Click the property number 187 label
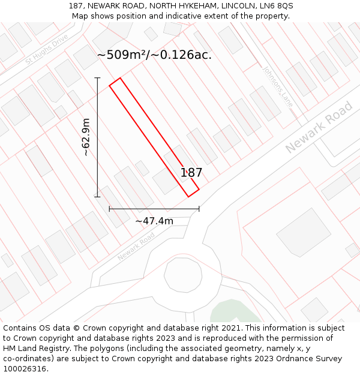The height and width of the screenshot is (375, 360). coord(191,173)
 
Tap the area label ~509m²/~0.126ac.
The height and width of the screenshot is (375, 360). coord(154,55)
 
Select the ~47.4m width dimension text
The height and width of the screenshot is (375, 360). coord(154,221)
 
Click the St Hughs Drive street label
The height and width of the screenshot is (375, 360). coord(46,49)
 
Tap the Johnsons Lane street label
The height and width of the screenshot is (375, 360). coord(277,86)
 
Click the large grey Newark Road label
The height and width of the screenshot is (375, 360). coord(319,127)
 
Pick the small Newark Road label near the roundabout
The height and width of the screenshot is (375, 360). coord(136,247)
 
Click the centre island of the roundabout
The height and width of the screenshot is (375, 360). coord(182,277)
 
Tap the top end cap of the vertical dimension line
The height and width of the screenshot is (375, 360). coord(97,78)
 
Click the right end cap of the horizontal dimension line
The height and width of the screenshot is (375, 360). coord(199,209)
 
